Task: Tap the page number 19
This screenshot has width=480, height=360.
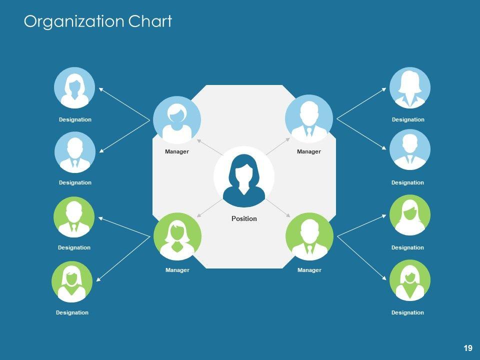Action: tap(468, 348)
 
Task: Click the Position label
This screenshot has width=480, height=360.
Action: tap(244, 218)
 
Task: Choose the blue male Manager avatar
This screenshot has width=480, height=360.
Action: tap(309, 118)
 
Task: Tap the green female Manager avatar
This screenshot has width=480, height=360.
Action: tap(177, 236)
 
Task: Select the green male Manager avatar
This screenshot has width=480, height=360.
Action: tap(309, 236)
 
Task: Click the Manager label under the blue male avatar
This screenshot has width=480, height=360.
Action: tap(309, 151)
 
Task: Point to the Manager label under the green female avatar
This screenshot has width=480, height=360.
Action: tap(177, 270)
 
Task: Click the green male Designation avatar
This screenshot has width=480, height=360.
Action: tap(74, 216)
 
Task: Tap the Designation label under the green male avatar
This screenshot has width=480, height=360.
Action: tap(74, 247)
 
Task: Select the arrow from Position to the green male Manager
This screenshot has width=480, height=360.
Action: tap(277, 207)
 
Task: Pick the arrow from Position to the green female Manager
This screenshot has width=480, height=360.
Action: tap(209, 207)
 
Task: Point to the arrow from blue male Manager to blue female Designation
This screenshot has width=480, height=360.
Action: tap(361, 103)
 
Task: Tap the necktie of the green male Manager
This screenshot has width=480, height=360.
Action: tap(309, 249)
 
